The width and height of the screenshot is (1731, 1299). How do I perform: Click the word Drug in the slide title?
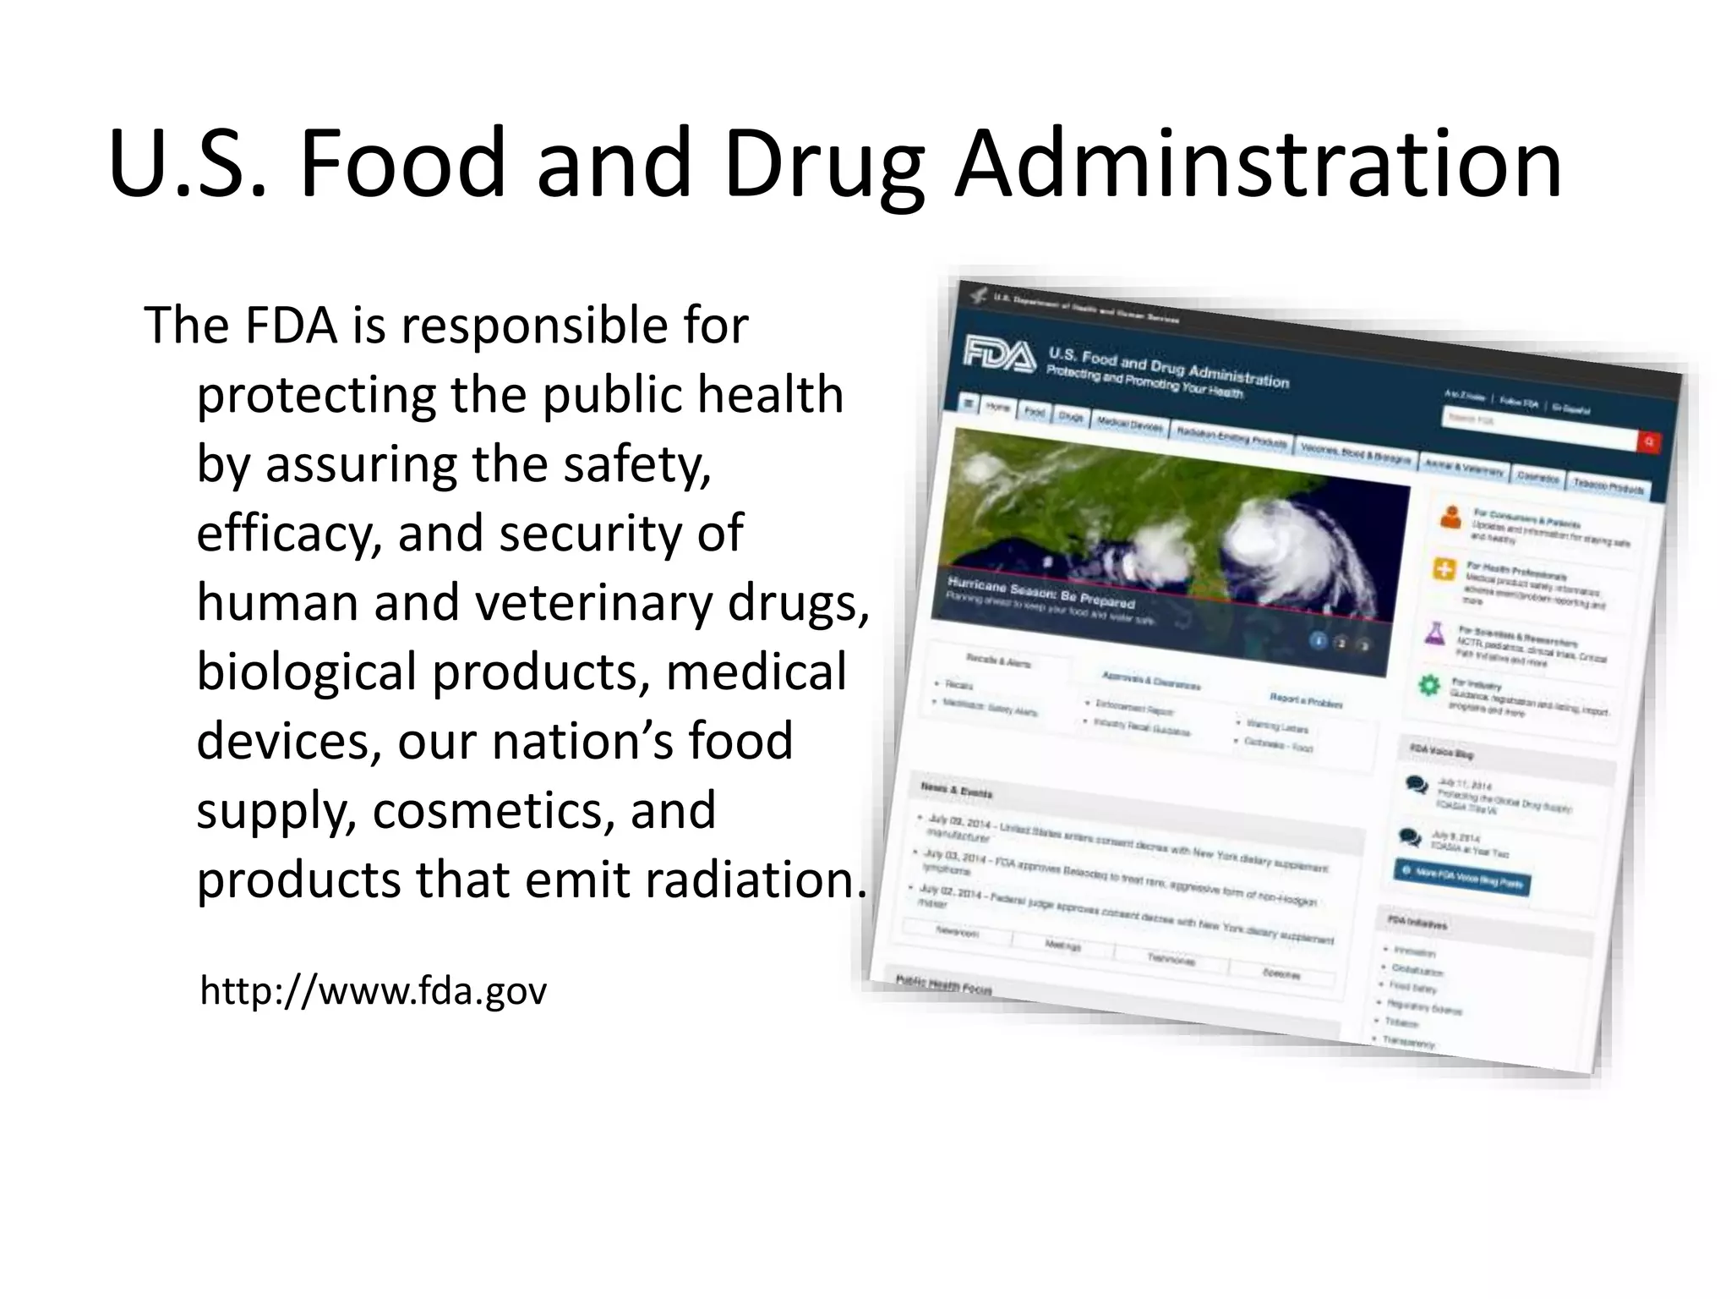(x=824, y=165)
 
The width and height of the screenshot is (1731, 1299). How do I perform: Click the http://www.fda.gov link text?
(x=373, y=991)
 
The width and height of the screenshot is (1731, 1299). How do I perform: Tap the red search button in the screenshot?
(x=1647, y=441)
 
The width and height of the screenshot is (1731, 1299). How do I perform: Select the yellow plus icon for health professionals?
(x=1443, y=569)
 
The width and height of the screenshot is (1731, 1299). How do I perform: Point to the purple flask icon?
(x=1434, y=633)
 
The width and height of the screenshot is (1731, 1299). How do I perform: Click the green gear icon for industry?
(x=1428, y=685)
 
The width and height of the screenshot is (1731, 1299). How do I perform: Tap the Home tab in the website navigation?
(x=997, y=408)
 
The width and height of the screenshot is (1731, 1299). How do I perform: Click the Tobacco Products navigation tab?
(x=1608, y=487)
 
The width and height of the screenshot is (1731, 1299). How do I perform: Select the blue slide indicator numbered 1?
(x=1318, y=640)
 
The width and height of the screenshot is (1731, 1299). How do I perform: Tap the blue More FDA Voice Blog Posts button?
(x=1461, y=876)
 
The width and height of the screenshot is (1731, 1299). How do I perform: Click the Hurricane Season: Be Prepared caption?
(x=1040, y=593)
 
